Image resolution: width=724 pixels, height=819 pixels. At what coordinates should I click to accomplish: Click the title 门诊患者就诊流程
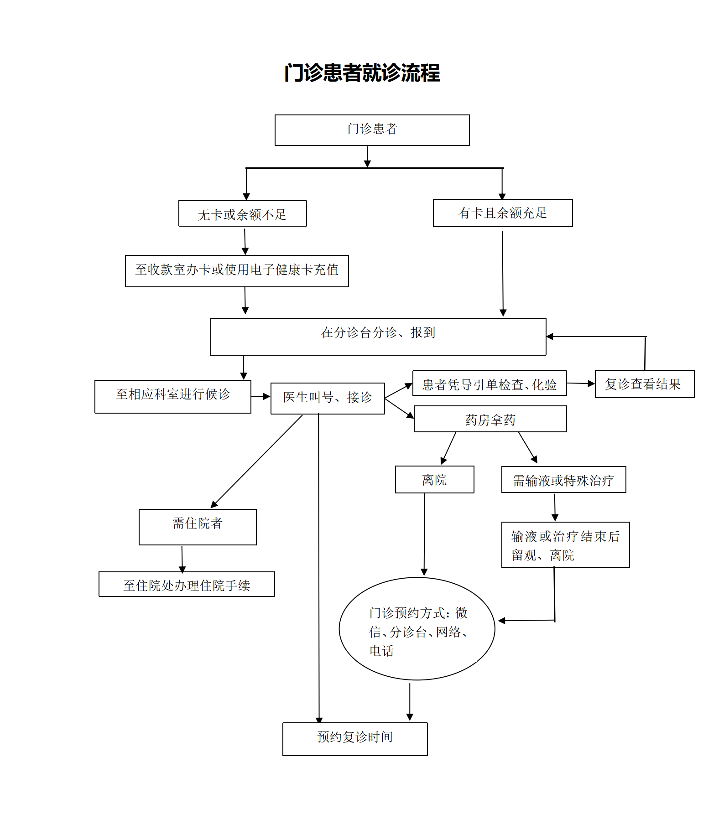362,73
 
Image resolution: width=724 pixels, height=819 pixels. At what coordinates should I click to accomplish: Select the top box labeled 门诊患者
372,130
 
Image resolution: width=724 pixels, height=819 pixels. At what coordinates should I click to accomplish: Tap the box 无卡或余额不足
242,213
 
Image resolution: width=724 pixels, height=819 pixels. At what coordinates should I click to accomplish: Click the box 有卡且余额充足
503,213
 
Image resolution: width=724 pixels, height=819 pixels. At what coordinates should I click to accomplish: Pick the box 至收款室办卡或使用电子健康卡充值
237,271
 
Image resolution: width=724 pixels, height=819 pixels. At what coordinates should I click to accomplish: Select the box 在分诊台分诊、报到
378,337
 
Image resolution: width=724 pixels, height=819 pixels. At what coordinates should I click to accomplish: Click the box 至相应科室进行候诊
173,397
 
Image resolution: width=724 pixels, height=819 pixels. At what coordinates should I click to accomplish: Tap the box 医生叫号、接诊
328,399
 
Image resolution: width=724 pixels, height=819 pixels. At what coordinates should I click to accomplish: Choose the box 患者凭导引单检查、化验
490,383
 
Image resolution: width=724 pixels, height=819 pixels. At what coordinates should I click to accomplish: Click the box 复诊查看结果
645,384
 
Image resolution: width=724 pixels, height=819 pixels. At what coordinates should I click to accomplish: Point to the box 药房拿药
490,419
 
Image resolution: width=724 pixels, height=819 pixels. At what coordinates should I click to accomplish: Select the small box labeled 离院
435,479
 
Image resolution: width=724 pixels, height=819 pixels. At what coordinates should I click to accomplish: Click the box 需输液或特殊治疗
564,479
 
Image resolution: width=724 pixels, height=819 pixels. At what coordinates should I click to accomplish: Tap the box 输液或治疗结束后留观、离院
566,544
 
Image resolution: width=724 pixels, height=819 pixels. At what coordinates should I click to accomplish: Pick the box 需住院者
198,527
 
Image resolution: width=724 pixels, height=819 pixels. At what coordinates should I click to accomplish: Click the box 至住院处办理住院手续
187,584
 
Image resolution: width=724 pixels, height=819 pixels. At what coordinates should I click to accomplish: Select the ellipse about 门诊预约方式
417,629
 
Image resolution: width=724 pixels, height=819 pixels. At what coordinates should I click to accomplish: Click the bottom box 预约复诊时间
355,739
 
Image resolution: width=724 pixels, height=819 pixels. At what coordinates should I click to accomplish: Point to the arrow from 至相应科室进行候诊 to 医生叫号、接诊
261,397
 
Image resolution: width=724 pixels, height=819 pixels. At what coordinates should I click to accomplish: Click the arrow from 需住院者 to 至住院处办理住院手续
182,559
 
